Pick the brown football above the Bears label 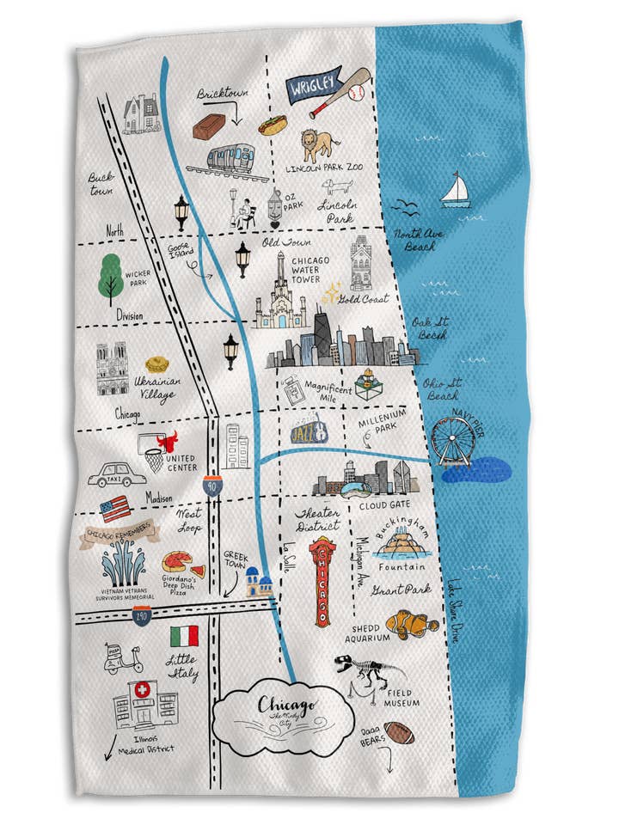coord(398,732)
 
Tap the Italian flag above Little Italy coord(184,636)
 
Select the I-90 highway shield coord(213,487)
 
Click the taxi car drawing coord(111,474)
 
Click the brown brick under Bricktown coord(209,128)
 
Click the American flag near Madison coord(115,508)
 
